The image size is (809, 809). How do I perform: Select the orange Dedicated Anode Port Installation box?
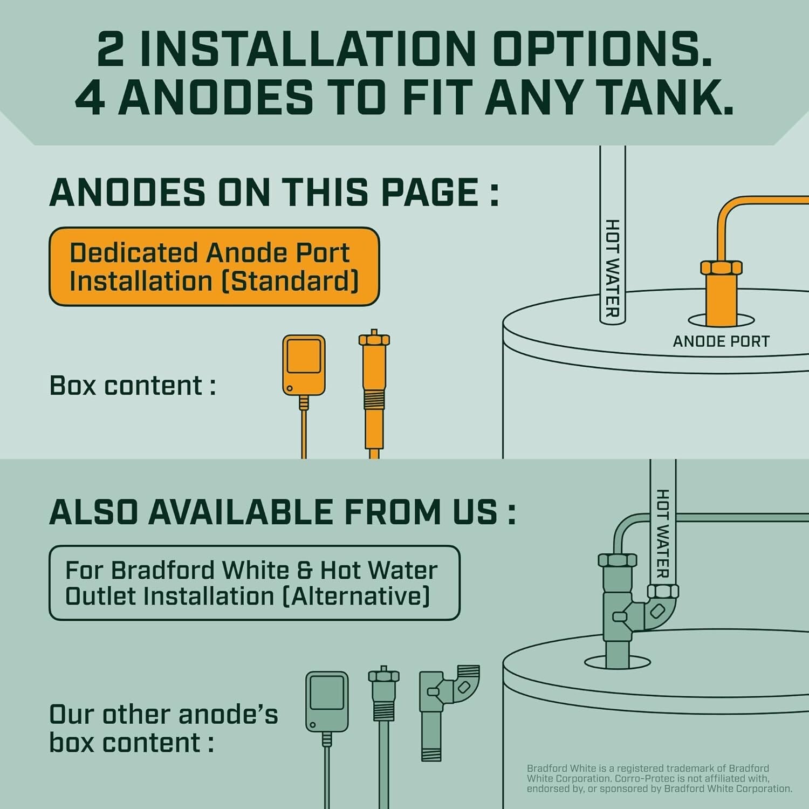pos(214,266)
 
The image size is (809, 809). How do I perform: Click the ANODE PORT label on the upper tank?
pos(721,341)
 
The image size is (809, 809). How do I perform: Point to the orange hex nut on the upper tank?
pos(721,268)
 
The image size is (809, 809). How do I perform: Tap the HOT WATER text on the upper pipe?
pos(612,268)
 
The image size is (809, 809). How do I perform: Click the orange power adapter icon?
pos(304,365)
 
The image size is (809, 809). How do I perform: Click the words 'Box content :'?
pos(133,386)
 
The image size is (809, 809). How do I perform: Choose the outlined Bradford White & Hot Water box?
pos(254,583)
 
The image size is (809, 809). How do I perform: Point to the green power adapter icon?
pos(327,701)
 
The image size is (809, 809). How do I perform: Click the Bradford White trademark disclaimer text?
pos(659,778)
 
